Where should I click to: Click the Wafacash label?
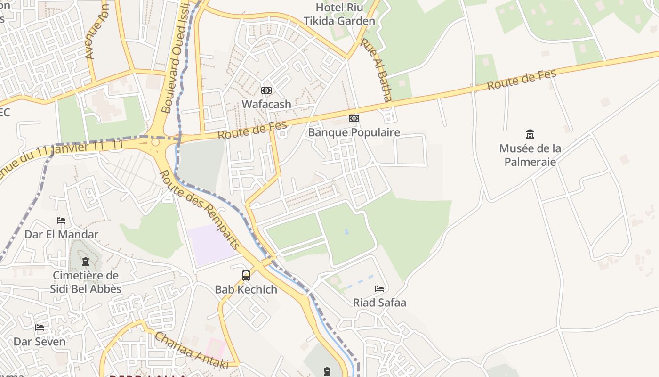point(266,104)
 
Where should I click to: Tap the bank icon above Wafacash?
point(266,90)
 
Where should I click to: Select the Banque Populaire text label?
point(354,132)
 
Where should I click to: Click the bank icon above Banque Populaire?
point(354,118)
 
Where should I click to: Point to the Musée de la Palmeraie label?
point(530,155)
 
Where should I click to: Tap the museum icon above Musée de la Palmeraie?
point(530,134)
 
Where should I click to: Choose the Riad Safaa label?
point(379,303)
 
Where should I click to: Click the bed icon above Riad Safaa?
point(379,288)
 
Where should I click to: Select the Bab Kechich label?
point(246,289)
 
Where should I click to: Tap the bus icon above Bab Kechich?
point(246,275)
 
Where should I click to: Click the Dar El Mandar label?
point(61,234)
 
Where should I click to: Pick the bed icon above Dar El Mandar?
point(61,220)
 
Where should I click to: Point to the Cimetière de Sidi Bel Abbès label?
point(86,282)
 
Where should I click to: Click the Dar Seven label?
point(40,341)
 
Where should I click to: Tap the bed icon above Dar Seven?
point(40,327)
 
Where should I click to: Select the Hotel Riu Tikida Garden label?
point(339,14)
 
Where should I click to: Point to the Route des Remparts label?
point(200,210)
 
